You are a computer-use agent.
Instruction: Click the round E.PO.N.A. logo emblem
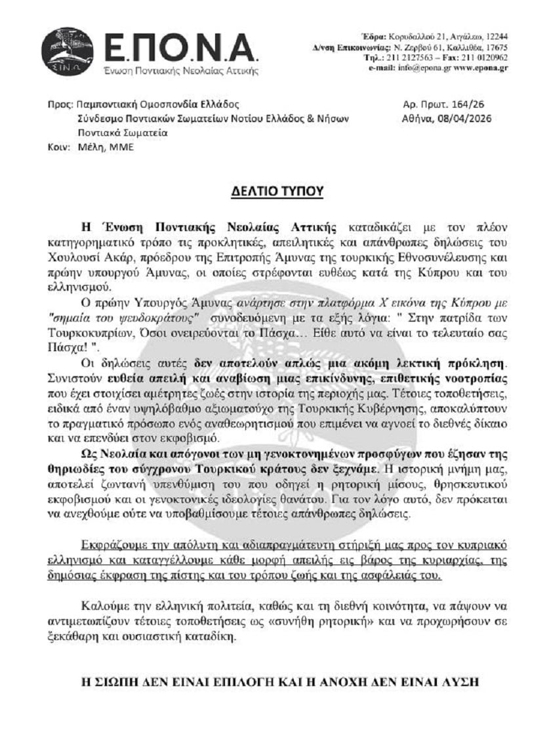[x=67, y=51]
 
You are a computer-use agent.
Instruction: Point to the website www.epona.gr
[x=481, y=68]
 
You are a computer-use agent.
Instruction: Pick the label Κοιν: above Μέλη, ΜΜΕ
[x=58, y=147]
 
